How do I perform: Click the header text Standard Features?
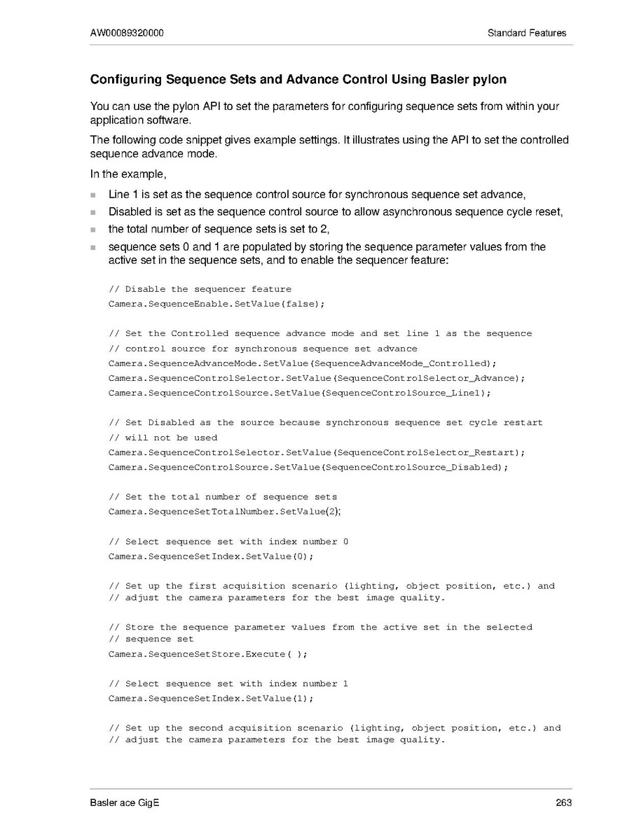tap(527, 33)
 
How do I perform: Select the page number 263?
tap(563, 802)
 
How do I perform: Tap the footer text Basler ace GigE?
tap(125, 802)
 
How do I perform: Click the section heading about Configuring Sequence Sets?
tap(298, 79)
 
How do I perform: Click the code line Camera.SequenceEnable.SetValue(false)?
tap(217, 304)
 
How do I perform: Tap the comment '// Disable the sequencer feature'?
tap(200, 289)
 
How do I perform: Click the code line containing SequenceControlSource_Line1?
tap(299, 393)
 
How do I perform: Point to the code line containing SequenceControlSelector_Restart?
tap(317, 452)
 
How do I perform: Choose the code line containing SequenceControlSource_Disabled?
tap(308, 467)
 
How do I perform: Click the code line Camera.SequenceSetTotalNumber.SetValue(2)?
tap(224, 512)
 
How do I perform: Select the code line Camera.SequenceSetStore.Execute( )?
tap(207, 654)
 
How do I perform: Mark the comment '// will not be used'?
tap(163, 438)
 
